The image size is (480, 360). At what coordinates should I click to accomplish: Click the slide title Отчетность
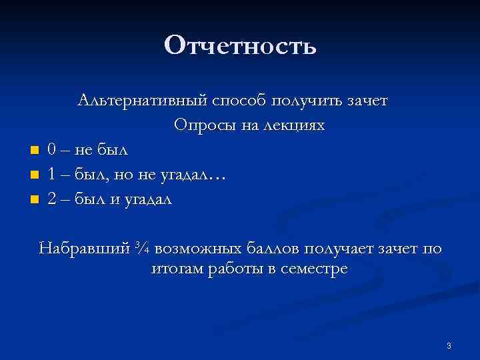tap(240, 46)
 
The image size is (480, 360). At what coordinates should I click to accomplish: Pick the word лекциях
tap(292, 125)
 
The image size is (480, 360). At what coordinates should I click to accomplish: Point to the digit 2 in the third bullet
tap(51, 199)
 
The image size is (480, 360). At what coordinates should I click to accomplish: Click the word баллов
tap(278, 249)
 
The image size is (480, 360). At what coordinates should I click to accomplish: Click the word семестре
tap(313, 270)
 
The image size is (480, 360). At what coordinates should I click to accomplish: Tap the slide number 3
tap(449, 345)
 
